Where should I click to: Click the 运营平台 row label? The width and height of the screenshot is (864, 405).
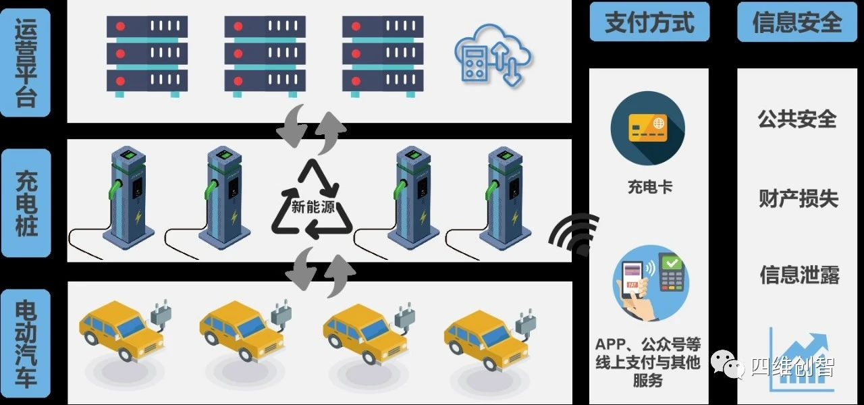(x=26, y=63)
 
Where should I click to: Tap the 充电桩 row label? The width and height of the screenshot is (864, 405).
(x=26, y=202)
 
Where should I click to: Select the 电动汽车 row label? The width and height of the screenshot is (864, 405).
(x=26, y=344)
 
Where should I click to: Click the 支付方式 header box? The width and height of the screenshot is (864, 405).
(x=649, y=23)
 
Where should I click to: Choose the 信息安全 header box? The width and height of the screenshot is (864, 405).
(x=797, y=23)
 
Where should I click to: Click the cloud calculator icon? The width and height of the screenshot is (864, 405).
(x=492, y=55)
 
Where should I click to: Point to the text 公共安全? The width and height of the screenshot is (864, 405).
(x=797, y=119)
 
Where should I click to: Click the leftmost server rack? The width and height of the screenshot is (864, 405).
(x=146, y=55)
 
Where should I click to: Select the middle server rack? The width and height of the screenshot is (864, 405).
(x=265, y=55)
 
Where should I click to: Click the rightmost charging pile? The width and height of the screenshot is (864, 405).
(x=505, y=196)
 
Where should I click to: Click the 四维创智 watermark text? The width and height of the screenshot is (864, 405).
(x=792, y=367)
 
